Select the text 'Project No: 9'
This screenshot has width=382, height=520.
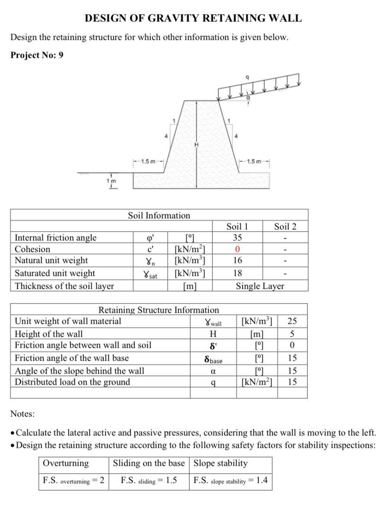[x=37, y=55]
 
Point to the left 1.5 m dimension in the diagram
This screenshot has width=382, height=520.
[x=148, y=161]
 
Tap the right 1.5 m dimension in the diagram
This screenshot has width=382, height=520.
[x=254, y=161]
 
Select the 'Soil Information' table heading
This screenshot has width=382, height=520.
[x=159, y=215]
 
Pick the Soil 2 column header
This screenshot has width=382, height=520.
[x=285, y=226]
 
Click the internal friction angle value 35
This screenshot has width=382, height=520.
[x=237, y=238]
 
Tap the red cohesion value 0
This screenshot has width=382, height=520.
[x=237, y=249]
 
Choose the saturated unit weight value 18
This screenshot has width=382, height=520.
[x=237, y=273]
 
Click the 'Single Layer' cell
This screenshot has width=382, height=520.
[x=260, y=286]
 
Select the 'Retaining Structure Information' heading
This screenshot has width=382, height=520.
[x=159, y=310]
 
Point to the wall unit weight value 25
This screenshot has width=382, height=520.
[x=292, y=321]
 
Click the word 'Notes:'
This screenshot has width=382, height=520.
[x=23, y=414]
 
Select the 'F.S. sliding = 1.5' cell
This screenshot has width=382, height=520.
[x=149, y=480]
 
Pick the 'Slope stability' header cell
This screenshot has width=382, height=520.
[x=221, y=463]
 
